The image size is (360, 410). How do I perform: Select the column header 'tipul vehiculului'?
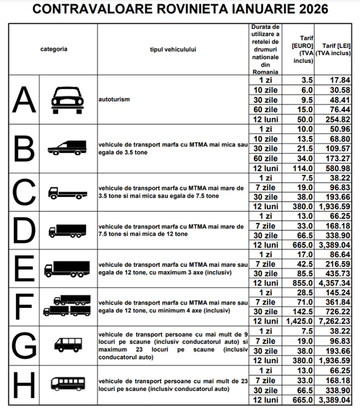[x=173, y=49]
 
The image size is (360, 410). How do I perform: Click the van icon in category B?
[x=69, y=148]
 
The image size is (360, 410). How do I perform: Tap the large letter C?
[x=21, y=192]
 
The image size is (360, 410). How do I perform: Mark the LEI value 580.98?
[x=337, y=169]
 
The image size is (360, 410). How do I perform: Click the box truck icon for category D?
[x=69, y=231]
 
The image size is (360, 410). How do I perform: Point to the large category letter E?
[x=21, y=269]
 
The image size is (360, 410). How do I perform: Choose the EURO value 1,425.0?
[x=299, y=321]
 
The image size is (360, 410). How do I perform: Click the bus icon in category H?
[x=69, y=383]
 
